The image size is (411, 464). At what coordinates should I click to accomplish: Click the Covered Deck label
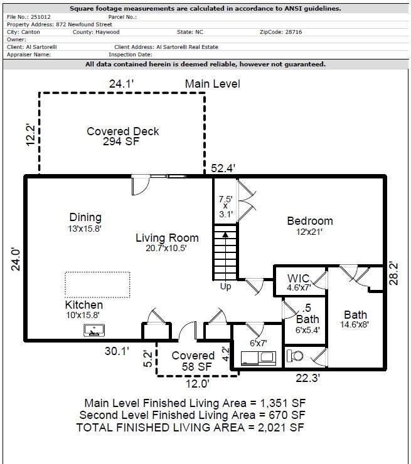pos(122,131)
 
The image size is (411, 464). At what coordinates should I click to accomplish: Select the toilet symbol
pos(295,356)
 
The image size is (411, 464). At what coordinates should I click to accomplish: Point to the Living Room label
pos(167,238)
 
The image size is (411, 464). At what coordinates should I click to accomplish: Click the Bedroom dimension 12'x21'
pos(309,232)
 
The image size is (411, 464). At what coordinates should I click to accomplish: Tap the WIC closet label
pos(299,279)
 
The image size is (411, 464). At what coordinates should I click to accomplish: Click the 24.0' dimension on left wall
pos(16,259)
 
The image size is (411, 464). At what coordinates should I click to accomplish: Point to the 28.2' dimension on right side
pos(394,273)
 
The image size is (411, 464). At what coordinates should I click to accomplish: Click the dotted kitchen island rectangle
pos(97,284)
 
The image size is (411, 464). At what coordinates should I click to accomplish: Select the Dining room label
pos(85,217)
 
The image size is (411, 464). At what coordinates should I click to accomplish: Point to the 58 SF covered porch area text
pos(193,366)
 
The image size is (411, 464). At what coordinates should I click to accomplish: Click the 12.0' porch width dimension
pos(197,383)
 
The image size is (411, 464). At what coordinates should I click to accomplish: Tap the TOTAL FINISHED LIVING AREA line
pos(191,427)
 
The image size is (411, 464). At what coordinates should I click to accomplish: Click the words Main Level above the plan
pos(212,83)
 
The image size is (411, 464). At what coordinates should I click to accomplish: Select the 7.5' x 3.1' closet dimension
pos(225,207)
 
